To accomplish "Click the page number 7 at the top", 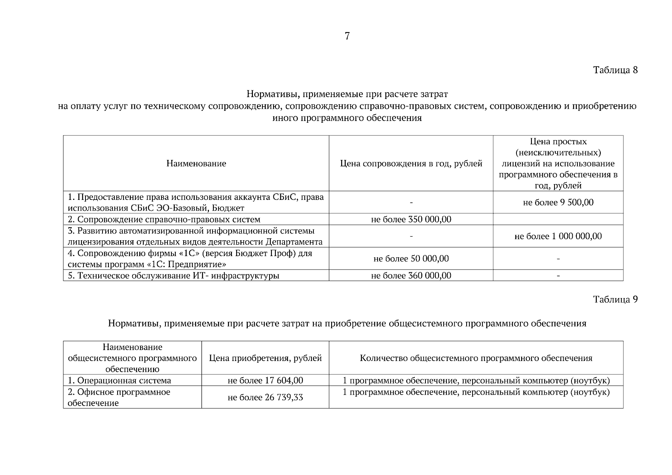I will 347,36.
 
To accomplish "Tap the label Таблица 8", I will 615,70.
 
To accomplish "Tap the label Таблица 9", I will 615,299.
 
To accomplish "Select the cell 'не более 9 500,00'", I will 558,202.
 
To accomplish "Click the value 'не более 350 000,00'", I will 411,219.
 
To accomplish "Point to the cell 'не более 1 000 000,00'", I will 558,236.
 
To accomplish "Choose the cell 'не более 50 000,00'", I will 411,259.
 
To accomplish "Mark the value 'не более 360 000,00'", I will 411,275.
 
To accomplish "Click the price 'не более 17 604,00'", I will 265,380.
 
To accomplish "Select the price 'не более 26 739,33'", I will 265,397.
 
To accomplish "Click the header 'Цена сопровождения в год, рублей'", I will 411,163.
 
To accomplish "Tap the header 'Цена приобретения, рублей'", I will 265,358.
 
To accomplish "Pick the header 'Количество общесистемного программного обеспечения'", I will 476,358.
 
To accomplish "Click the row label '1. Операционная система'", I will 120,380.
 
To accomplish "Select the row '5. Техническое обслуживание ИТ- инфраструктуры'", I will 173,275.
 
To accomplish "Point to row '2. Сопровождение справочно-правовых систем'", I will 164,219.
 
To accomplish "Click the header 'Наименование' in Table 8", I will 196,163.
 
